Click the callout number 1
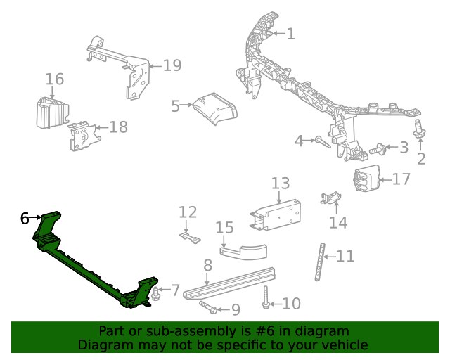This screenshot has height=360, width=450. (x=290, y=33)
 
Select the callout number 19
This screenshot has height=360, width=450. (x=172, y=65)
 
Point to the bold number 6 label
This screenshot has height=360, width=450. (x=25, y=219)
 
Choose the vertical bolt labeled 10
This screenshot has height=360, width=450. (x=266, y=297)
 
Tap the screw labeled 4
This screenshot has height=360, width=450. (x=324, y=143)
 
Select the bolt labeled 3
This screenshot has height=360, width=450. (x=378, y=148)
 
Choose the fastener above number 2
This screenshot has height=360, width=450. (x=420, y=129)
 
